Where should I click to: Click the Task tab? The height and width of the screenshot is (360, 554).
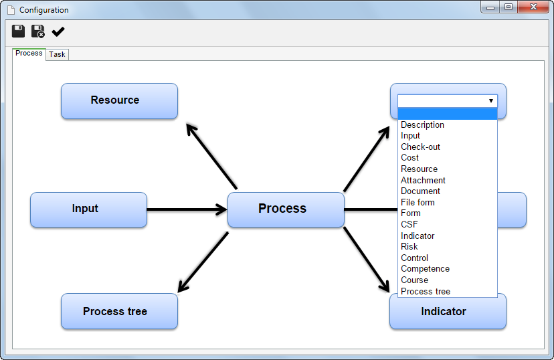click(57, 54)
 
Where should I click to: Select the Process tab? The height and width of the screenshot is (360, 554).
click(29, 54)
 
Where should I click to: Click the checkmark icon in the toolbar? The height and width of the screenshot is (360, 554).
click(58, 32)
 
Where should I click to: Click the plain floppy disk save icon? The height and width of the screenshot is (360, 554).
click(18, 31)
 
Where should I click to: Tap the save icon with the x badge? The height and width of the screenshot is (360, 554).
click(38, 31)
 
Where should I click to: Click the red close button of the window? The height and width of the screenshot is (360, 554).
click(533, 7)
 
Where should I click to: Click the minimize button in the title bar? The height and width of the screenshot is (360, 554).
click(490, 7)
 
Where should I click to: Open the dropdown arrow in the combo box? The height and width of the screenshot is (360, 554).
click(490, 100)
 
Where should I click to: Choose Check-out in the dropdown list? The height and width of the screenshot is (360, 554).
click(420, 147)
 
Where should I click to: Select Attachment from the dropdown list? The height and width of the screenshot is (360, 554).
click(423, 180)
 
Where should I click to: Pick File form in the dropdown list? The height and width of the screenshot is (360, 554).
click(418, 203)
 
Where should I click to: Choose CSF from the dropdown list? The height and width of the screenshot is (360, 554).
click(409, 224)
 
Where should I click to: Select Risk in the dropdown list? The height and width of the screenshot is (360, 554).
click(409, 247)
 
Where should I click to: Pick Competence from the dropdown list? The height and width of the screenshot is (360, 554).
click(425, 269)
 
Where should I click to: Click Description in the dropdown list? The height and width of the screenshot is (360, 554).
click(422, 124)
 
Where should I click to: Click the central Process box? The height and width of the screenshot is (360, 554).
click(286, 209)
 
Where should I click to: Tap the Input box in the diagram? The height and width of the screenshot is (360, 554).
click(89, 209)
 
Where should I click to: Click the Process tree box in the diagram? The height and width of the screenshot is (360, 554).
click(119, 311)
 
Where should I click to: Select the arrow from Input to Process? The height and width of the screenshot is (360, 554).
click(187, 209)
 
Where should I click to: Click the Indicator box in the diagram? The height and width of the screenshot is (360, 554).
click(448, 312)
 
